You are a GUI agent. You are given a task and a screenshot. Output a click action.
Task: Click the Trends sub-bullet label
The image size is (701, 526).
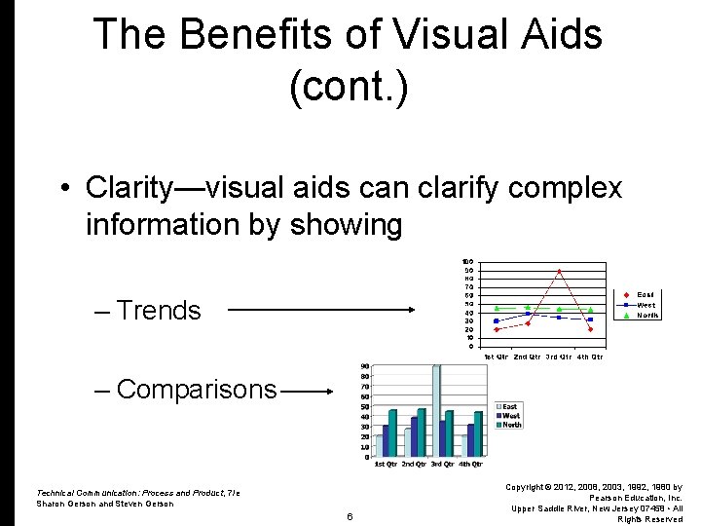[x=158, y=311]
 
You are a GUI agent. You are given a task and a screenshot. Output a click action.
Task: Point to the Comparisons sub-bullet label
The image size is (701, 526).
[x=196, y=390]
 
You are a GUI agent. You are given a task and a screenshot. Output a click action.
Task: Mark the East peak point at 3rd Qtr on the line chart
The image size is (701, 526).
[x=559, y=271]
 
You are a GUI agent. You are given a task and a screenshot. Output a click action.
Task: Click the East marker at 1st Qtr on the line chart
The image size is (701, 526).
[x=497, y=329]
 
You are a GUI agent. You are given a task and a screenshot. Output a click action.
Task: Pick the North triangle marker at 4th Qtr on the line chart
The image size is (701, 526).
[x=590, y=310]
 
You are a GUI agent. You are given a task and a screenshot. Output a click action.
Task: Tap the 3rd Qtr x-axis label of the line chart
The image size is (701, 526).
[x=559, y=357]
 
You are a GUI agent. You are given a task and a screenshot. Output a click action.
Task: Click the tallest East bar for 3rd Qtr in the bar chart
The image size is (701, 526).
[x=436, y=409]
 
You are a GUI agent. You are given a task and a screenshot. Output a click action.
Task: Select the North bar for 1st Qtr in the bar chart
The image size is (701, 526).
[x=392, y=432]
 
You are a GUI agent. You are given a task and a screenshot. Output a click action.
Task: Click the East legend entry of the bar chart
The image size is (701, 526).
[x=509, y=406]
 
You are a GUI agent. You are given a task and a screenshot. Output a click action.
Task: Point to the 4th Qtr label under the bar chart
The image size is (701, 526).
[x=470, y=464]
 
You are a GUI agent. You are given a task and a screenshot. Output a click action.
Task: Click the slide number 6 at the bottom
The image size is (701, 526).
[x=349, y=515]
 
